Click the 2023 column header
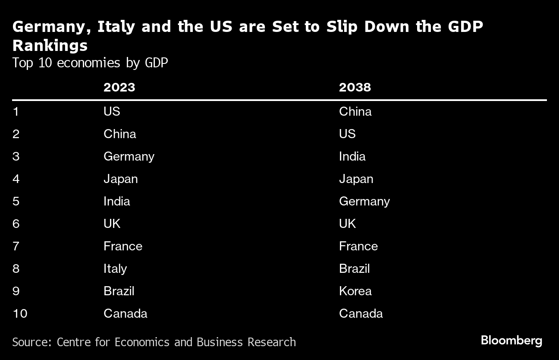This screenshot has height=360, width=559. point(119,87)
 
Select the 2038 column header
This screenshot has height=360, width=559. point(355,87)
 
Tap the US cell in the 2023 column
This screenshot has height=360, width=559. point(112,111)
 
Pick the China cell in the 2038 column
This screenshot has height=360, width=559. point(355,111)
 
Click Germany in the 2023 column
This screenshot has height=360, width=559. point(129,156)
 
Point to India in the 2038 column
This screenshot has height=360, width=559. point(352,156)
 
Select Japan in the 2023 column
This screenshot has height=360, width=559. point(120,179)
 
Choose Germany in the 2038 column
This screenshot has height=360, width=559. point(364,201)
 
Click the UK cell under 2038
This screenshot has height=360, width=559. point(347,224)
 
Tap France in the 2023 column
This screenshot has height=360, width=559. point(122,246)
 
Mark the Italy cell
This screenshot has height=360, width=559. point(115,268)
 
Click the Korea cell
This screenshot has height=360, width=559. point(355,291)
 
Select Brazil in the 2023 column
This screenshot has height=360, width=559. point(119,291)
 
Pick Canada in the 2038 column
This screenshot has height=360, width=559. point(361,313)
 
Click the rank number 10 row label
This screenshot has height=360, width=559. point(20,313)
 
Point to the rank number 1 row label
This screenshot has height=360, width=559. point(16,111)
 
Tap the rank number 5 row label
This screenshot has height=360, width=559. point(16,201)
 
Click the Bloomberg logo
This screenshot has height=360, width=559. point(511,341)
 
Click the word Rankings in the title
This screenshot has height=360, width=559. point(50,45)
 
